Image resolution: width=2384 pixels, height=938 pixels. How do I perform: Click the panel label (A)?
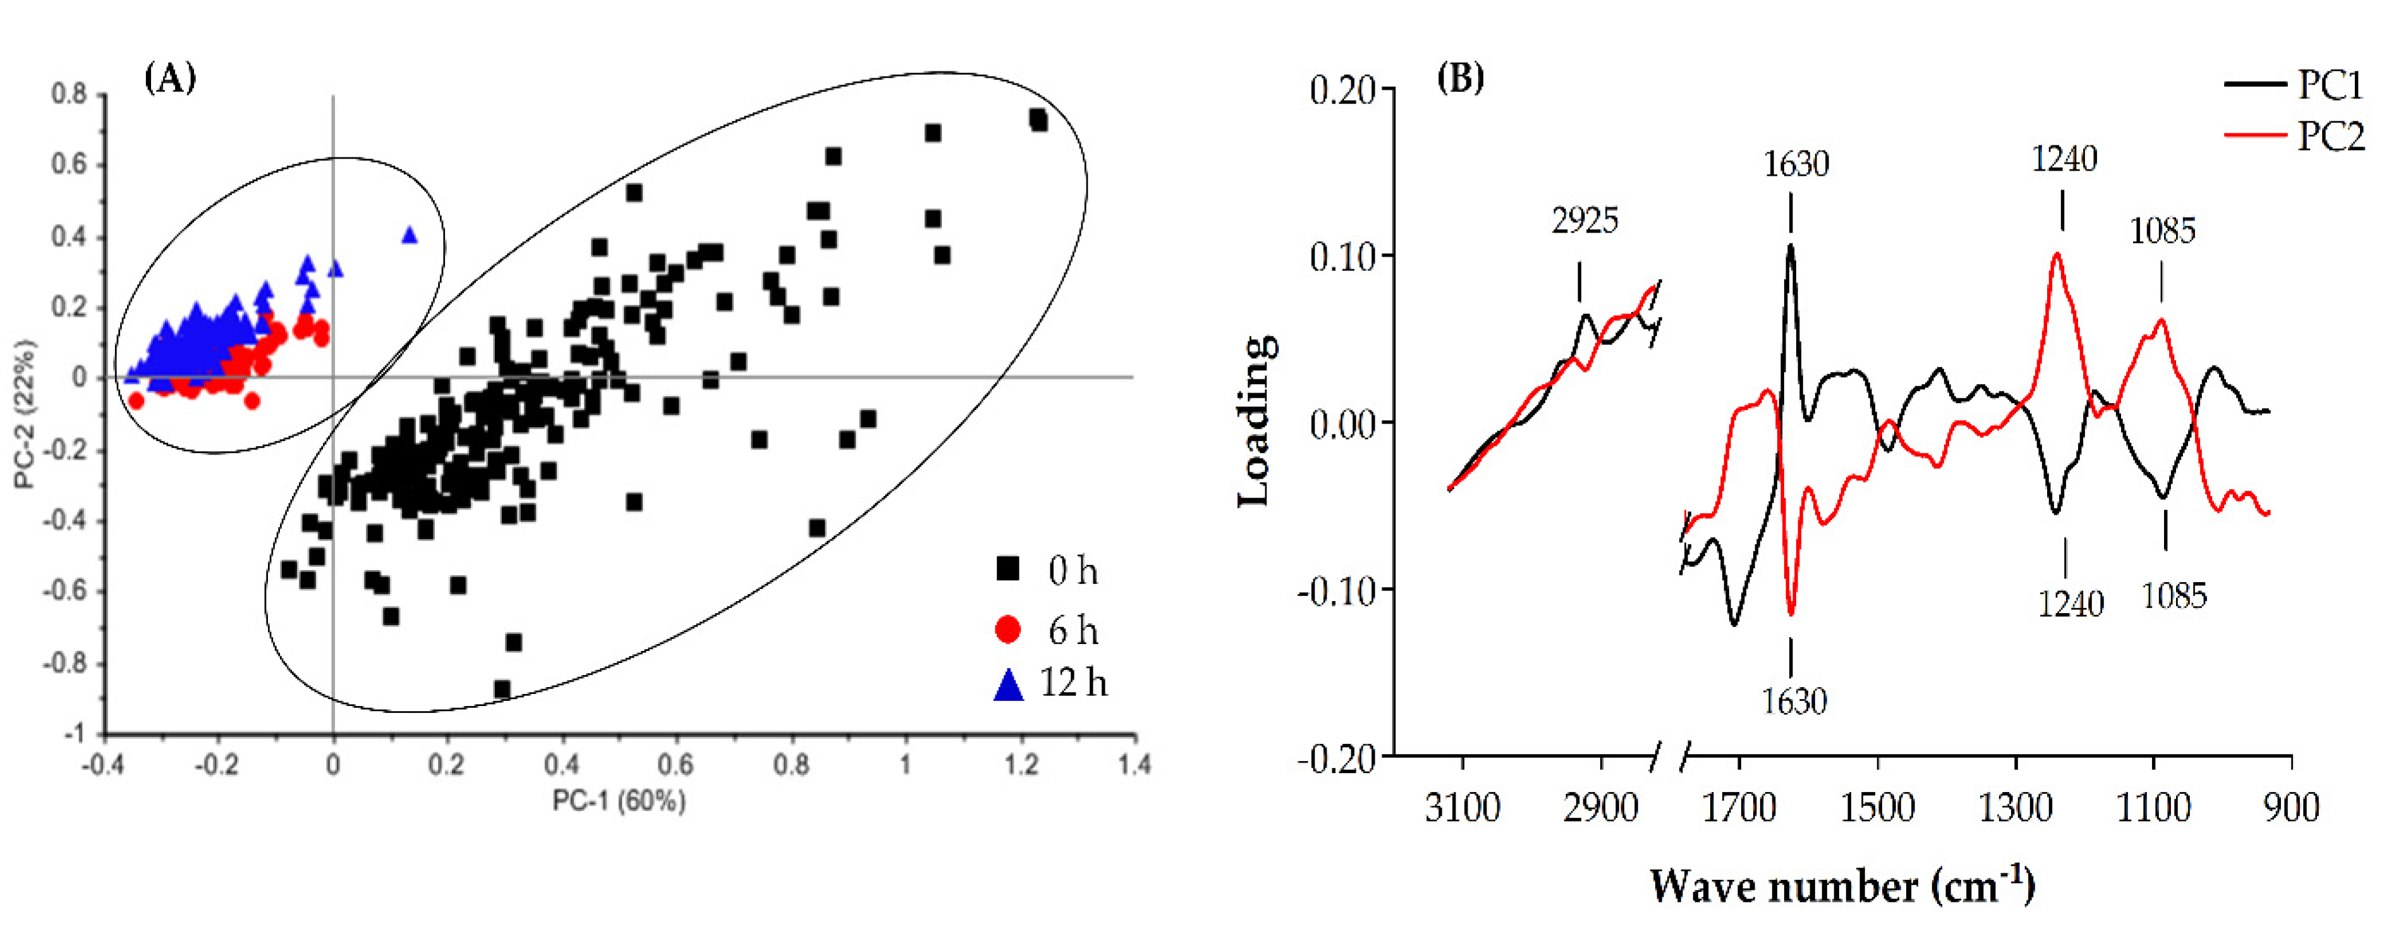pyautogui.click(x=170, y=80)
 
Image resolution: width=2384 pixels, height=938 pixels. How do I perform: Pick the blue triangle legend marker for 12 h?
pyautogui.click(x=1008, y=685)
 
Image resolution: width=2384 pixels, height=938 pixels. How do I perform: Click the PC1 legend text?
pyautogui.click(x=2330, y=85)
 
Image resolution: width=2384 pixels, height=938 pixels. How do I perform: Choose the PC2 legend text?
pyautogui.click(x=2330, y=137)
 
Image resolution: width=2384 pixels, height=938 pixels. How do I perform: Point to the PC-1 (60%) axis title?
pyautogui.click(x=618, y=801)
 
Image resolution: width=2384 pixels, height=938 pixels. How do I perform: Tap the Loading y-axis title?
pyautogui.click(x=1256, y=422)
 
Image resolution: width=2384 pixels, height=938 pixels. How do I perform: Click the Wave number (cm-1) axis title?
pyautogui.click(x=1842, y=887)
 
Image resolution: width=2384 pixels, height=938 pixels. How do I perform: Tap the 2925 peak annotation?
pyautogui.click(x=1584, y=221)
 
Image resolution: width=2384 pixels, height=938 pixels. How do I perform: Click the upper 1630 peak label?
pyautogui.click(x=1796, y=165)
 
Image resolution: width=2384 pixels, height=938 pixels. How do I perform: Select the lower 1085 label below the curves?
pyautogui.click(x=2174, y=596)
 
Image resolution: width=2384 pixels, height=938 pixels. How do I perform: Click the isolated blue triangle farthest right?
pyautogui.click(x=409, y=235)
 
